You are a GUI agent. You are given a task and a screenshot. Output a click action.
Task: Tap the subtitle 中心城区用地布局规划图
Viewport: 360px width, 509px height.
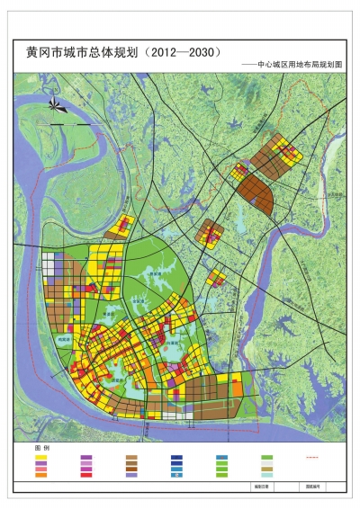[x=300, y=67]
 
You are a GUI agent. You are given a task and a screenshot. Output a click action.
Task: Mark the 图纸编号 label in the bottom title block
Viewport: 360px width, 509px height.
[x=310, y=485]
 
